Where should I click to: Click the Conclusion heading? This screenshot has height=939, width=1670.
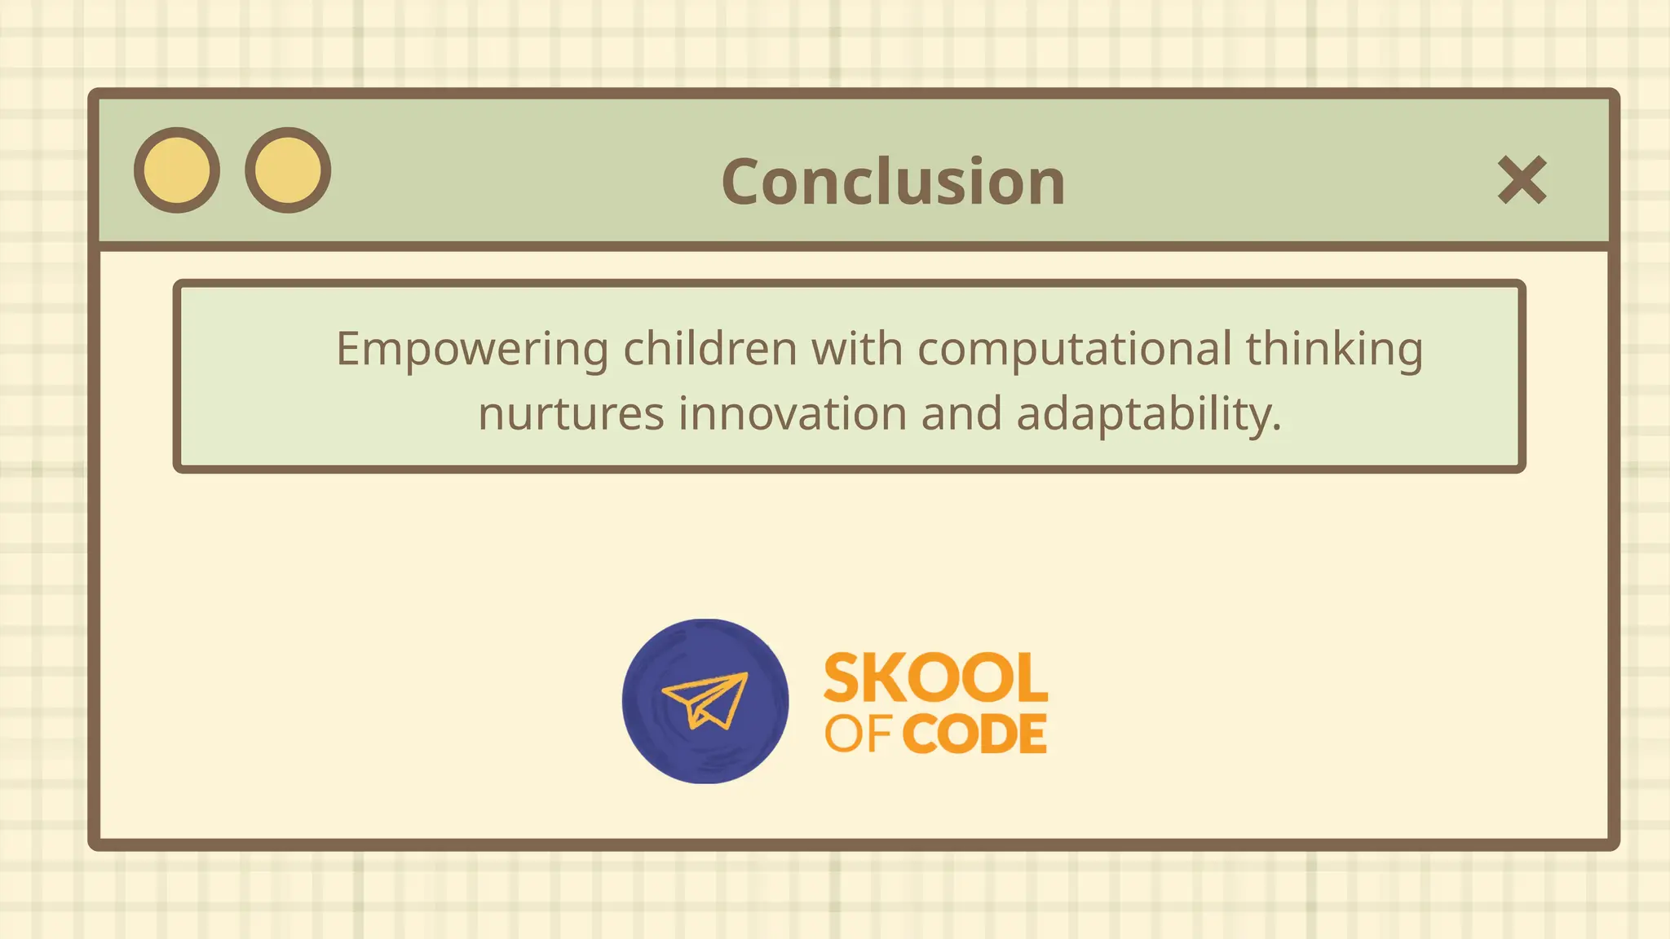(893, 182)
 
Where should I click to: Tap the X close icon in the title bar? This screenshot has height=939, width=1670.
(1522, 180)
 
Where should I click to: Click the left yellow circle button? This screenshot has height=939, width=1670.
(177, 170)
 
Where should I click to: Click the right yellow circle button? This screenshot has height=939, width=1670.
(288, 170)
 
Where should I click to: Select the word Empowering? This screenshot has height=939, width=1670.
(472, 350)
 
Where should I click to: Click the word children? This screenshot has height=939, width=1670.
(709, 349)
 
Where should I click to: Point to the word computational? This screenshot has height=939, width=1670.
(1074, 350)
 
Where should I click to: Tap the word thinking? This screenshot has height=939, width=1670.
(1334, 350)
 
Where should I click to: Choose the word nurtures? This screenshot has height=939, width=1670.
(571, 414)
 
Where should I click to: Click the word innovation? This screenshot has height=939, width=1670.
(793, 414)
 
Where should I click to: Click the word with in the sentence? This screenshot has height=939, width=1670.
(856, 349)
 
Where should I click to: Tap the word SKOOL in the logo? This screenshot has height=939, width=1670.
(935, 678)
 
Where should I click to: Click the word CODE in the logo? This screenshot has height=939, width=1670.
(975, 734)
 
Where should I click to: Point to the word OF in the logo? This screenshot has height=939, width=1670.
(857, 734)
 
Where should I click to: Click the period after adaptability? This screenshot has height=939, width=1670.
(1277, 427)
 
